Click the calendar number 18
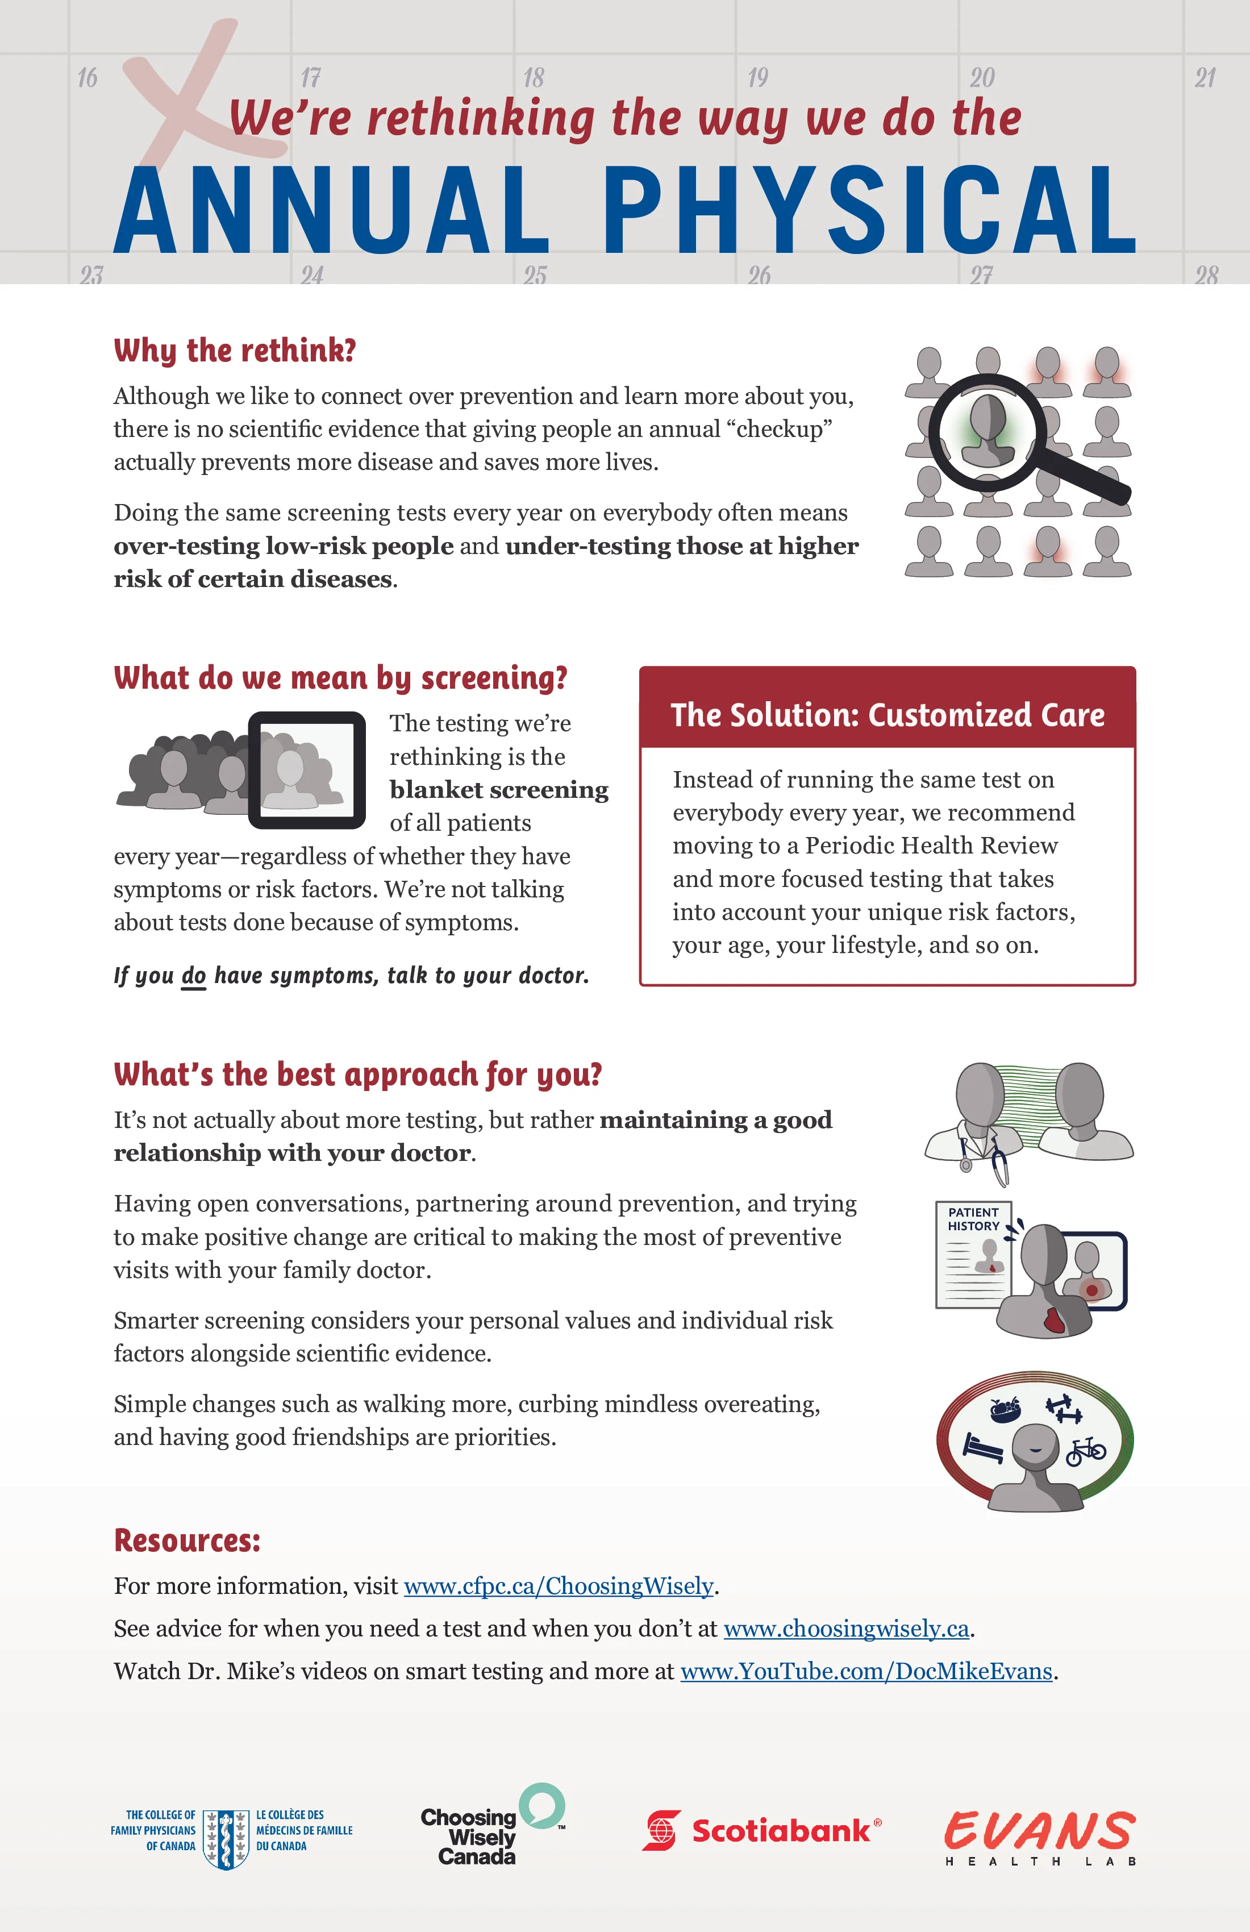tap(534, 78)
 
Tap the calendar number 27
tap(981, 274)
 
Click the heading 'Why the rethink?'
tap(235, 351)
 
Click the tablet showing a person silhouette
tap(307, 769)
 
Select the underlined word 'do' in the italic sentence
tap(193, 975)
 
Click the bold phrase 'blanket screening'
tap(498, 790)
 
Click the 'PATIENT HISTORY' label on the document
tap(973, 1218)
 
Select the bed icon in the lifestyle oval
tap(982, 1446)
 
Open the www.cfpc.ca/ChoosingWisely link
tap(559, 1585)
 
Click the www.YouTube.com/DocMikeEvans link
tap(866, 1671)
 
